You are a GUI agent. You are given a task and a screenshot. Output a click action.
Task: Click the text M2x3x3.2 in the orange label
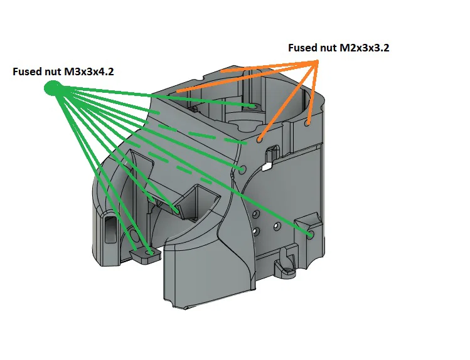(363, 48)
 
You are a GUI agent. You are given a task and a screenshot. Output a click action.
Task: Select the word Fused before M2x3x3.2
(302, 48)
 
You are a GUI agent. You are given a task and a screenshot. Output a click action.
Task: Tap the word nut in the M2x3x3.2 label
(328, 48)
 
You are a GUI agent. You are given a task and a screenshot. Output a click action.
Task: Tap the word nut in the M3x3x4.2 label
(53, 71)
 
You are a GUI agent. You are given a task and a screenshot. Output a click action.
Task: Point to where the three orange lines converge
(318, 61)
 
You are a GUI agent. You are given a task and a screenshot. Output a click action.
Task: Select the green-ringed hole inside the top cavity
(254, 107)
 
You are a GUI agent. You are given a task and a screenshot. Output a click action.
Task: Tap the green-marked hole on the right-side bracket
(311, 235)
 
